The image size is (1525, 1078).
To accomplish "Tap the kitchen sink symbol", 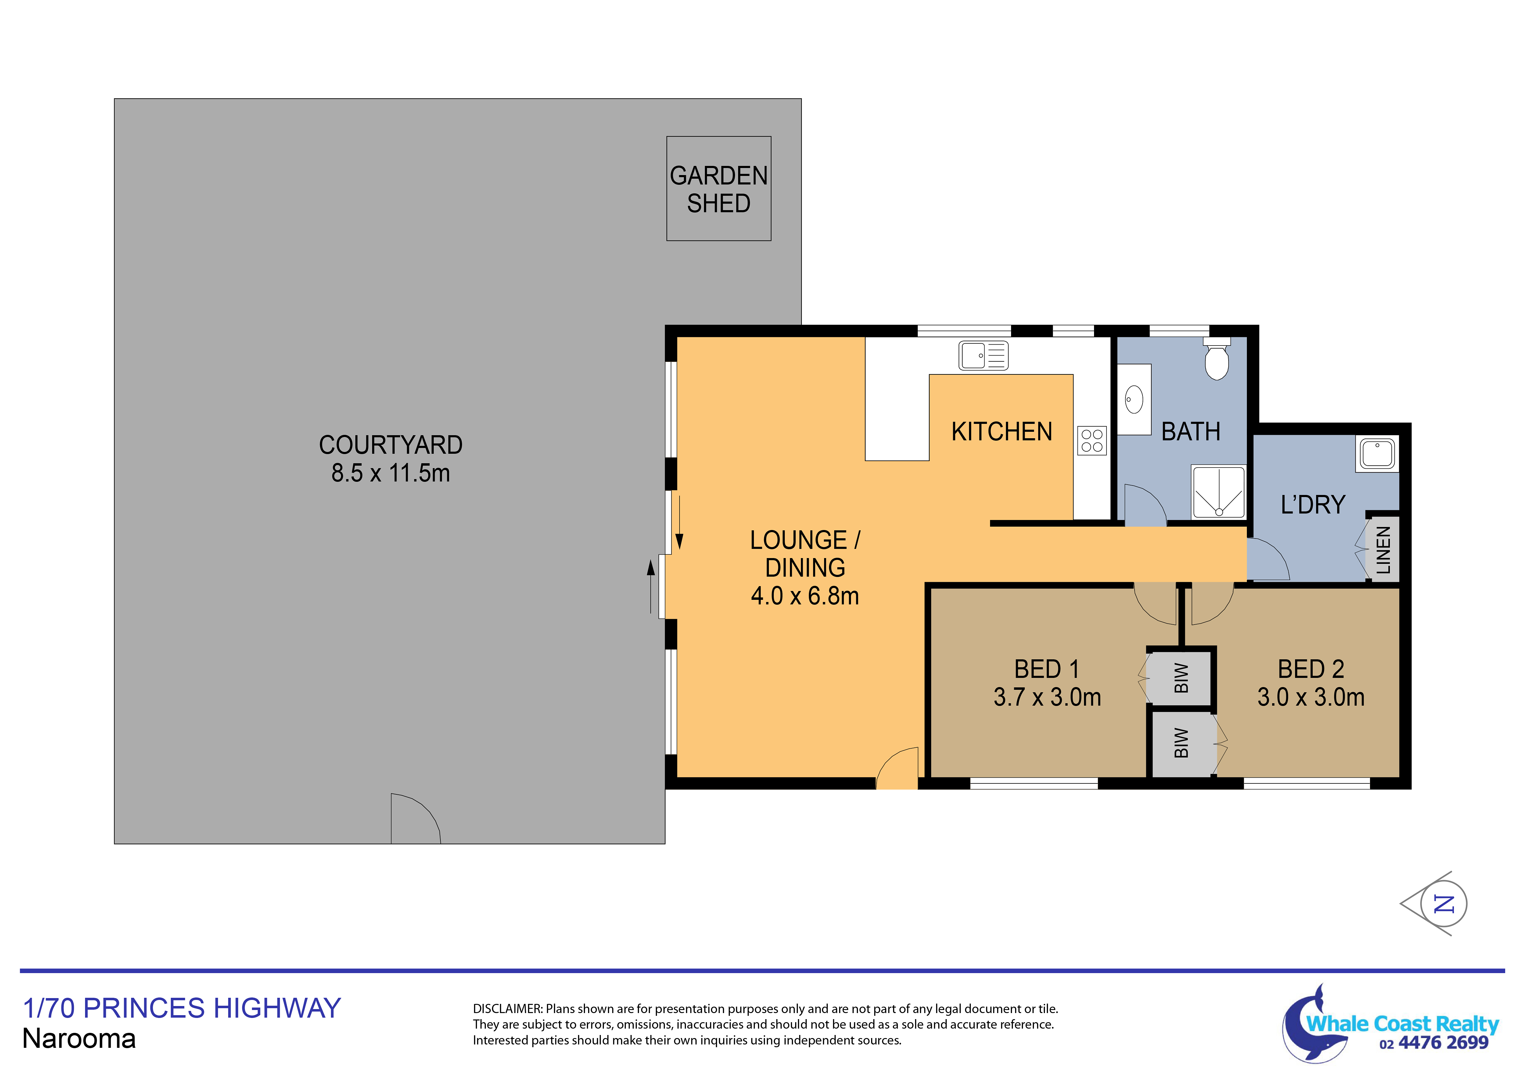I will (x=983, y=355).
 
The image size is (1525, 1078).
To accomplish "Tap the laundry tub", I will (x=1377, y=454).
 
